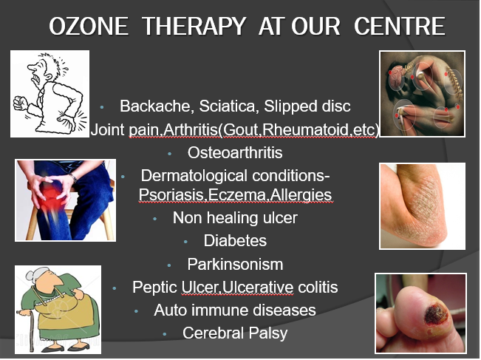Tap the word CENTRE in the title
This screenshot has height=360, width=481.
tap(400, 27)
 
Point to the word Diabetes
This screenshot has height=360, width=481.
tap(236, 241)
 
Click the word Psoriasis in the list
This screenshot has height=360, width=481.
tap(169, 195)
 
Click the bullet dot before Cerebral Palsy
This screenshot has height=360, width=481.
tap(164, 334)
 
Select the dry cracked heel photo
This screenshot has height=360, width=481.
tap(422, 206)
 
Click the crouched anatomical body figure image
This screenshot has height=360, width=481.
tap(421, 93)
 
